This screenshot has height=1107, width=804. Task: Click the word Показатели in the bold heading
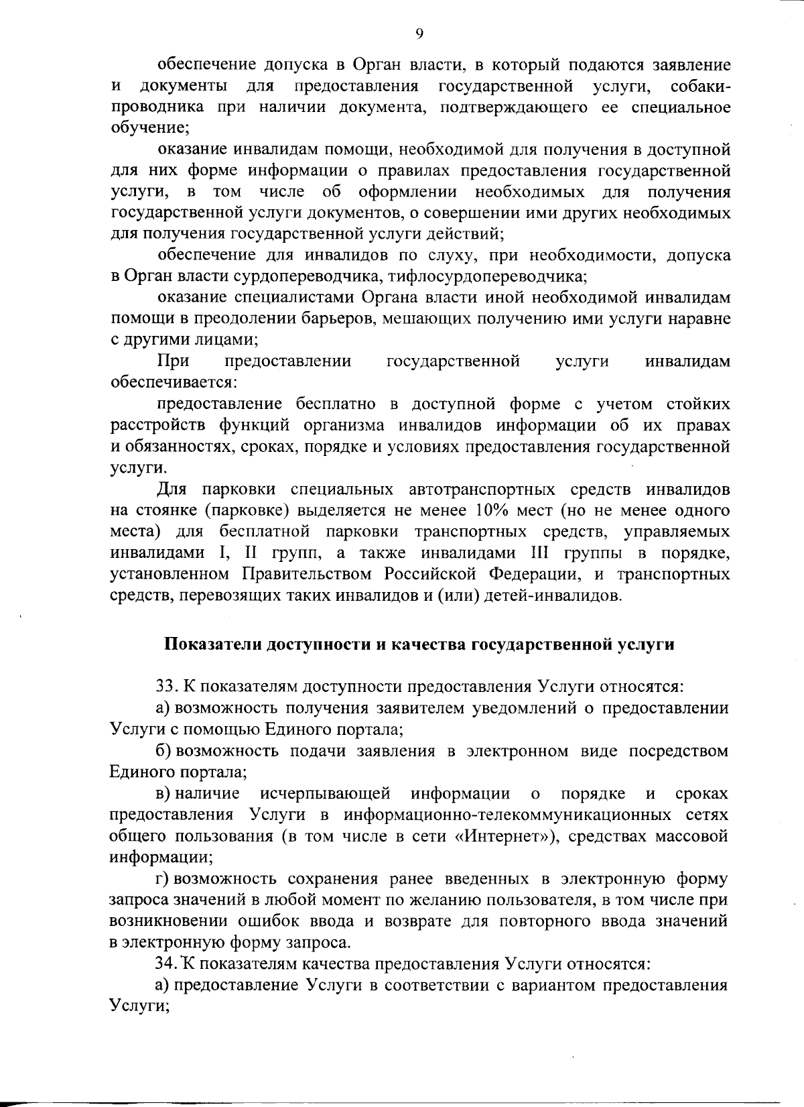pos(213,645)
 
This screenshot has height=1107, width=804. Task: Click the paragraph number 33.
pos(165,687)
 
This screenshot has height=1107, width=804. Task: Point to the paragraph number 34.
pos(165,964)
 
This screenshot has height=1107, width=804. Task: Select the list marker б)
pos(163,751)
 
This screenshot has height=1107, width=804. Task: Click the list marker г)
pos(163,879)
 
